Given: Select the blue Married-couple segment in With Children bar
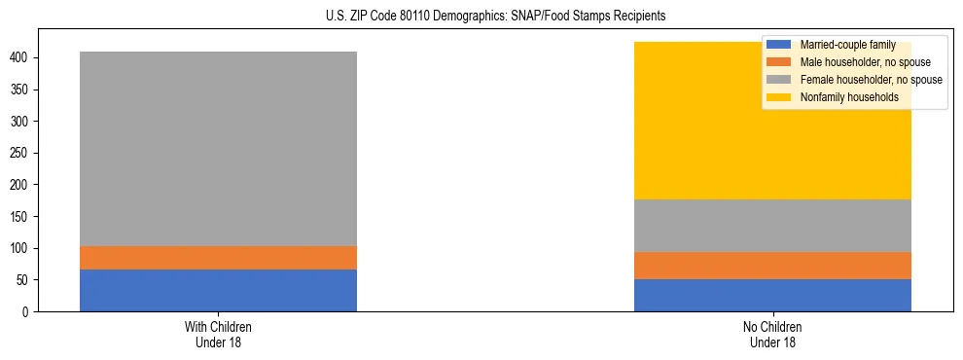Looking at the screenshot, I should click(218, 290).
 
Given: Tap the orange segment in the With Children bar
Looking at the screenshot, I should click(218, 258).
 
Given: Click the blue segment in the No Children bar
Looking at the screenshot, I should click(772, 295).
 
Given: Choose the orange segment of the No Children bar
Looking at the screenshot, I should click(772, 266).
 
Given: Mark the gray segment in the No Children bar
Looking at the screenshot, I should click(772, 226).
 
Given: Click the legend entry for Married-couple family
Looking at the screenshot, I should click(842, 45).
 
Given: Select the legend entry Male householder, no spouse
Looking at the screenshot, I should click(864, 62).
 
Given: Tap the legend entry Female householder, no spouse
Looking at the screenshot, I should click(870, 80).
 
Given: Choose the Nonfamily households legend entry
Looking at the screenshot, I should click(847, 97).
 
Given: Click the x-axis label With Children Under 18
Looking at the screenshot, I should click(218, 334).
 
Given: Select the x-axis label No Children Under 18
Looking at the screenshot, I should click(772, 334).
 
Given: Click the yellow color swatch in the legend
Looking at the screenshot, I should click(779, 97).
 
